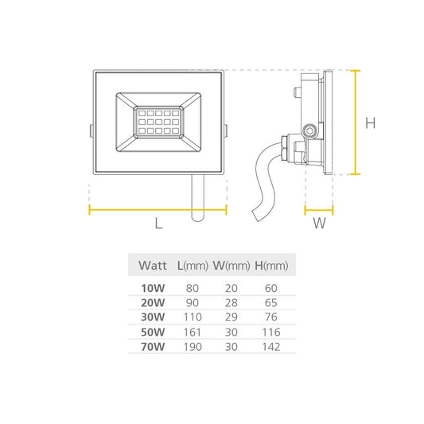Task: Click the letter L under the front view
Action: [x=159, y=224]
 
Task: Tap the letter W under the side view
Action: [x=319, y=224]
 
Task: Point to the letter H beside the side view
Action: [x=371, y=123]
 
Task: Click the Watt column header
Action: [x=153, y=265]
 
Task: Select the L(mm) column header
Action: [x=193, y=266]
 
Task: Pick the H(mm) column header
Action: [x=271, y=266]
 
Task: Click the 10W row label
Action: [x=153, y=288]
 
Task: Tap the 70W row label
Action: [x=153, y=347]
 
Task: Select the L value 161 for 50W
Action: [x=193, y=332]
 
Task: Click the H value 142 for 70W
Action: [x=271, y=347]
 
